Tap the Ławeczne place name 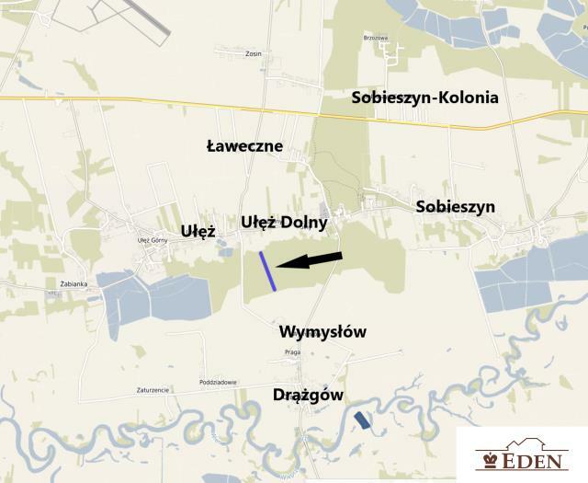244,146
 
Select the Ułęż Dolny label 284,222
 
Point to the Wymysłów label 322,331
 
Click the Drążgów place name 308,395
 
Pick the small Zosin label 254,53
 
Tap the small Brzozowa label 376,38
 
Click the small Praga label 292,352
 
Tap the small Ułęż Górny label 153,241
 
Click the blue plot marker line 267,271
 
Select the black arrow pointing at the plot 310,260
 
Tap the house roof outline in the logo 522,441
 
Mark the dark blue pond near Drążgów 365,420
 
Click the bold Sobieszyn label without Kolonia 455,207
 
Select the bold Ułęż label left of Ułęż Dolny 198,231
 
